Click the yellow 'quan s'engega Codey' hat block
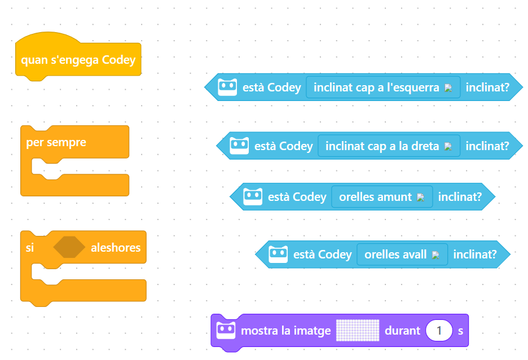click(x=78, y=59)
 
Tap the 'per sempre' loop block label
click(x=56, y=142)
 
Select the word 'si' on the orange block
click(x=30, y=248)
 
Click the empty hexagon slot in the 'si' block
click(x=69, y=248)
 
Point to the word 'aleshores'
click(x=116, y=248)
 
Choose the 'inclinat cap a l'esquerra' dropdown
click(x=383, y=87)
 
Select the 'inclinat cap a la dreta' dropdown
click(x=389, y=146)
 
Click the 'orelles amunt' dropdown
click(x=382, y=197)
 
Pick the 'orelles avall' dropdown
click(x=402, y=254)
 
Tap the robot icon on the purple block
click(x=226, y=330)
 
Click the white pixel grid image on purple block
click(x=357, y=330)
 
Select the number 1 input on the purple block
click(x=439, y=330)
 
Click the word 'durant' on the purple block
click(x=402, y=330)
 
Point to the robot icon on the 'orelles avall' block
click(x=278, y=254)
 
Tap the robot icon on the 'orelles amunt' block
click(x=253, y=197)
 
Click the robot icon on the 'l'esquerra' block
click(x=227, y=87)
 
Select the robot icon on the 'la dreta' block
click(x=239, y=146)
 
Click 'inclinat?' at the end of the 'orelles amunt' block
click(x=460, y=197)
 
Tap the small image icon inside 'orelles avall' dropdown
click(x=435, y=255)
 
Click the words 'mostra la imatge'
click(x=285, y=330)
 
